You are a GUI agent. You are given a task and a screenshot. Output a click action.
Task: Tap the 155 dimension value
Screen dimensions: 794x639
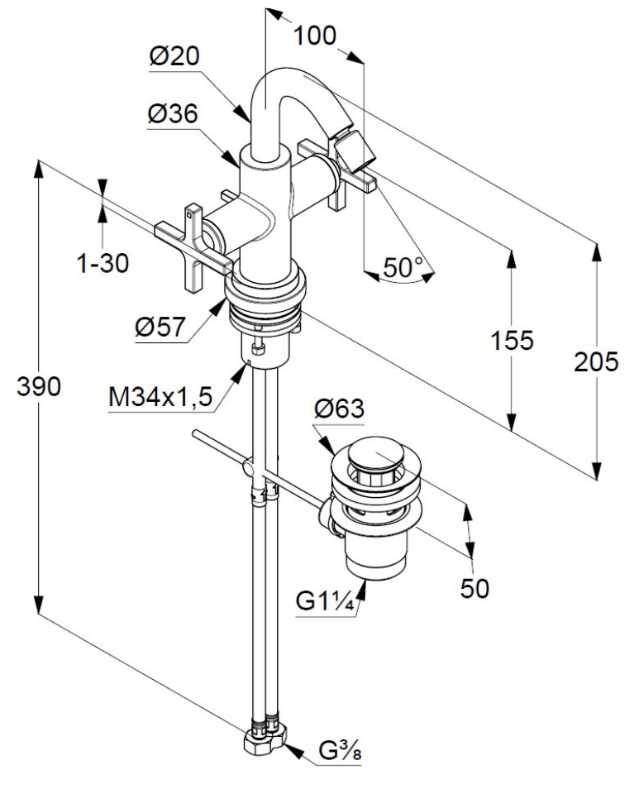pos(512,340)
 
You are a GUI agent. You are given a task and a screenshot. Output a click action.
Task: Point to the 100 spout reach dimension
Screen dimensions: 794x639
pos(314,36)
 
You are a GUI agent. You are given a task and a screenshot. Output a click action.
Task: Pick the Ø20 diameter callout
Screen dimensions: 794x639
pos(174,56)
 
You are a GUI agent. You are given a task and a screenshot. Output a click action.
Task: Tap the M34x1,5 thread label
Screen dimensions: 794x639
pos(161,398)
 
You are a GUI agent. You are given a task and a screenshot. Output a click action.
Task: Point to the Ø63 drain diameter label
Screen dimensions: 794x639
pos(338,408)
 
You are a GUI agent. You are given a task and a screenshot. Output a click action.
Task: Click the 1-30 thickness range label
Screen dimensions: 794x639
pos(103,264)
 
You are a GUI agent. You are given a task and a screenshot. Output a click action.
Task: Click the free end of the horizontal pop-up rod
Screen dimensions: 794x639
pos(195,433)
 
